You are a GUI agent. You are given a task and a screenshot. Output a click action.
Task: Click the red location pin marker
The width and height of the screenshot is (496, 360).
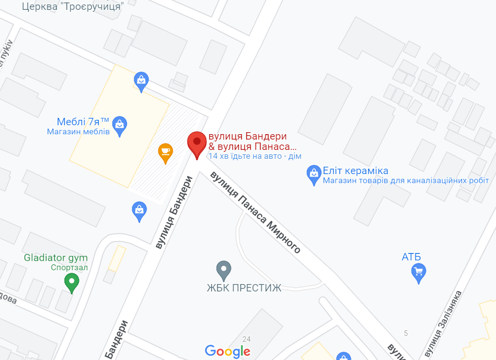pos(197,144)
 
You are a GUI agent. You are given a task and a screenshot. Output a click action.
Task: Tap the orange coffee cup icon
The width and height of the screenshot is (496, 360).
pos(165,152)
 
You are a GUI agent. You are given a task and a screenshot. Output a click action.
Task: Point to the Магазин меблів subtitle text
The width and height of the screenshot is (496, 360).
pos(78,132)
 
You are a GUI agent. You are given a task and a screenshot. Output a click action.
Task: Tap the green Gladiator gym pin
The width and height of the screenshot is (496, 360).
pos(72,283)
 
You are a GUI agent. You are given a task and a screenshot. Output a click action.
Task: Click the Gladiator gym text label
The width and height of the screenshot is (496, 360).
pos(56,258)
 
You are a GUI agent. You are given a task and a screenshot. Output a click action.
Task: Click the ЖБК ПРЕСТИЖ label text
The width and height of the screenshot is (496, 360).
pos(244,288)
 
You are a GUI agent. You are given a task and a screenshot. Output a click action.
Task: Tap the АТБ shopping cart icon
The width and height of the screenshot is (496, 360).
pos(419,272)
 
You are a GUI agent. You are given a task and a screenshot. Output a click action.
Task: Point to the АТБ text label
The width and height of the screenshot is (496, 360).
pos(411,256)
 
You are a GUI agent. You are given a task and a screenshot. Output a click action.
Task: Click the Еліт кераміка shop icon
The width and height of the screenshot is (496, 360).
pos(313,174)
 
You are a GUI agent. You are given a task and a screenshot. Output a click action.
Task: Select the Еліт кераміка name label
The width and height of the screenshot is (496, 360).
pos(355,171)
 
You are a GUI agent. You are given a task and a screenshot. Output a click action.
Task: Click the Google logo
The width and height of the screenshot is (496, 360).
pos(228,351)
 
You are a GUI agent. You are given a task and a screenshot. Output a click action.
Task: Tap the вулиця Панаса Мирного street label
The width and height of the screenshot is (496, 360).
pos(256,212)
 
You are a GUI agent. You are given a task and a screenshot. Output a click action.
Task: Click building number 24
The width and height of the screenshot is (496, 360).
pos(247,338)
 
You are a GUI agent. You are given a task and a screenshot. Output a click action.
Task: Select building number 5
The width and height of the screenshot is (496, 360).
pos(406,333)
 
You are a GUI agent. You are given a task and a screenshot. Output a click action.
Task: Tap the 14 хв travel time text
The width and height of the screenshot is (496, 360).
pos(255,156)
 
